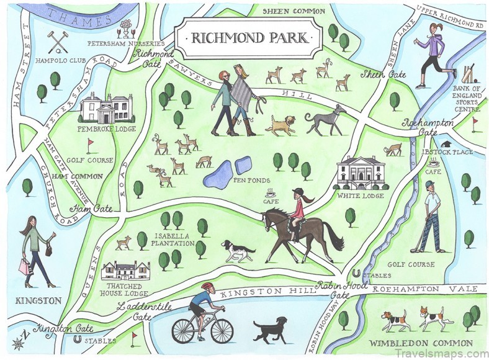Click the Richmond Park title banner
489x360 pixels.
coord(249,37)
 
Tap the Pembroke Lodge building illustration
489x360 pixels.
coord(105,109)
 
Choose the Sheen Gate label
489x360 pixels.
coord(385,74)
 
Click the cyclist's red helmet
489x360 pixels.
coord(207,287)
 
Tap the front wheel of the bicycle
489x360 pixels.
coord(222,331)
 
